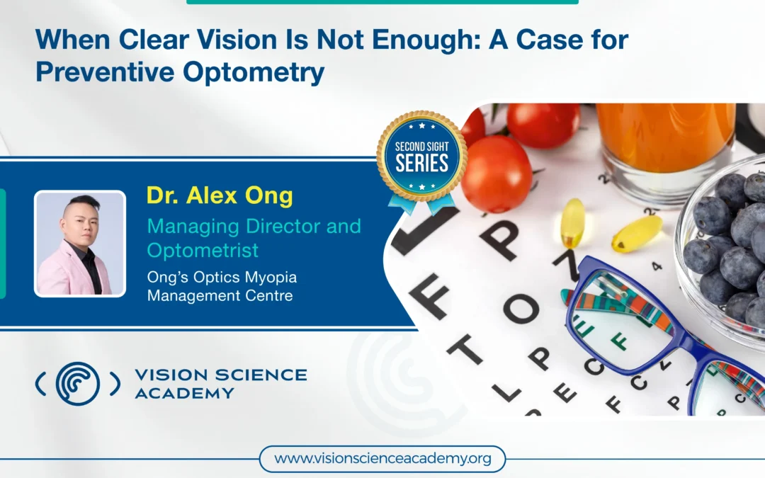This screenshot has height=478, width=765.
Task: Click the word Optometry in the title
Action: point(254,73)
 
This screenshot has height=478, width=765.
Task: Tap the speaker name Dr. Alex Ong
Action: point(220,195)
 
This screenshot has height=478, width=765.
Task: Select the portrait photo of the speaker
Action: point(80,244)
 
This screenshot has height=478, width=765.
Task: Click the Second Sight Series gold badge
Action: point(421,157)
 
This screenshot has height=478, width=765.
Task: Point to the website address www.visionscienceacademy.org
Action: point(382,459)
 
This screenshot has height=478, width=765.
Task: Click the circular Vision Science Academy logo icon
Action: point(78,384)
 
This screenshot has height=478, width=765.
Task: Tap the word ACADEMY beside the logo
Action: point(184,393)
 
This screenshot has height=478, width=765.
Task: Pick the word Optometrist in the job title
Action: point(203,251)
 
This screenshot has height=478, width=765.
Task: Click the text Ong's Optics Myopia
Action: point(222,277)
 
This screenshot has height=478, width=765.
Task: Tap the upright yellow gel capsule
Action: point(573,222)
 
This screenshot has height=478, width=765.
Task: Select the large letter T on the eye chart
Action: point(465,349)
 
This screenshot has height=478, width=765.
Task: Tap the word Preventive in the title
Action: point(105,72)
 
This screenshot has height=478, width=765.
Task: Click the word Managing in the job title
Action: point(193,227)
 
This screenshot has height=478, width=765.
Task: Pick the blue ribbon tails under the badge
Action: point(421,203)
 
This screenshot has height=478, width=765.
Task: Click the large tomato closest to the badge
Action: point(496,173)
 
